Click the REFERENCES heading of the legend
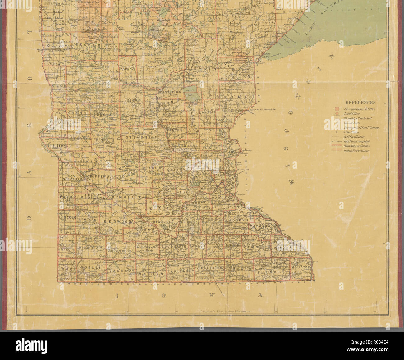(360, 103)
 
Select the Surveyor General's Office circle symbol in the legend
(337, 109)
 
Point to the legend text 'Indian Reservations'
(356, 150)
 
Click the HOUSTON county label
(301, 267)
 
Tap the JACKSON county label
(122, 271)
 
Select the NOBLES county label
(90, 267)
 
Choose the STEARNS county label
(138, 137)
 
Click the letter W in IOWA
(211, 295)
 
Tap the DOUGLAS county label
(103, 115)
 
